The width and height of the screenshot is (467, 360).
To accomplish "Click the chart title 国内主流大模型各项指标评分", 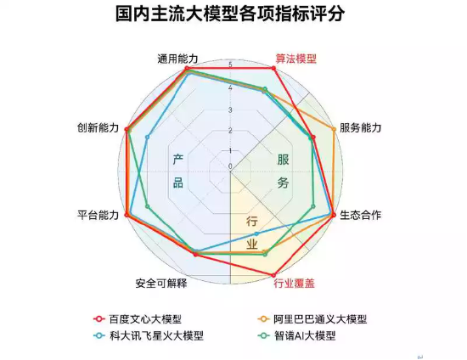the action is tap(229, 14).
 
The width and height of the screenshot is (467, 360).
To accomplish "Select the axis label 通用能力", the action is tap(177, 59).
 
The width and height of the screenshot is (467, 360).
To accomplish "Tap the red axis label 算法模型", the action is tap(295, 59).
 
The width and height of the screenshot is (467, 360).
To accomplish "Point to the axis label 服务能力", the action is tap(360, 127).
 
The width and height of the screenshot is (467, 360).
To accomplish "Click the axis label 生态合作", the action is tap(360, 215).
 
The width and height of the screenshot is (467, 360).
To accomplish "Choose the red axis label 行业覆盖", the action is tap(295, 284).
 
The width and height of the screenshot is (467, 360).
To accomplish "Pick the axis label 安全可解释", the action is tap(161, 284).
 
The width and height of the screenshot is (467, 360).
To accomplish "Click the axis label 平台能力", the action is tap(98, 215).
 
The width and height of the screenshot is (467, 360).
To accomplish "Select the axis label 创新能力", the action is tap(98, 127).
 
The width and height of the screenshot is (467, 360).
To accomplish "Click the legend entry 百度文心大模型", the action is tap(138, 319).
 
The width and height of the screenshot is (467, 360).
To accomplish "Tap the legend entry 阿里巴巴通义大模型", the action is tap(312, 319).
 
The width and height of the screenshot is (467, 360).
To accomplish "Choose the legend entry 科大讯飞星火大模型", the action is tap(149, 336).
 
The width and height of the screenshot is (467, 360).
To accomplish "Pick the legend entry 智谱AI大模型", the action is tap(296, 336).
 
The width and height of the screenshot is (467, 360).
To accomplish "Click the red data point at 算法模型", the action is tap(274, 69).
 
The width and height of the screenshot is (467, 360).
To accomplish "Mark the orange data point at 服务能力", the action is tap(334, 129).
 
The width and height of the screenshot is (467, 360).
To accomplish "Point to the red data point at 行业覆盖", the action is tap(273, 275).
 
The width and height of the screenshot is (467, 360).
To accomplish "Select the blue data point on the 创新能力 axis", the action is tap(147, 137).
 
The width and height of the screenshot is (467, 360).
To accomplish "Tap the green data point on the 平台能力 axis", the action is tap(147, 206).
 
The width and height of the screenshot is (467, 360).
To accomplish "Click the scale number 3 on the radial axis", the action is tap(230, 110).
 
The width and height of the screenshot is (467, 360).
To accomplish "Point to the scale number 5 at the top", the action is tap(230, 65).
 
